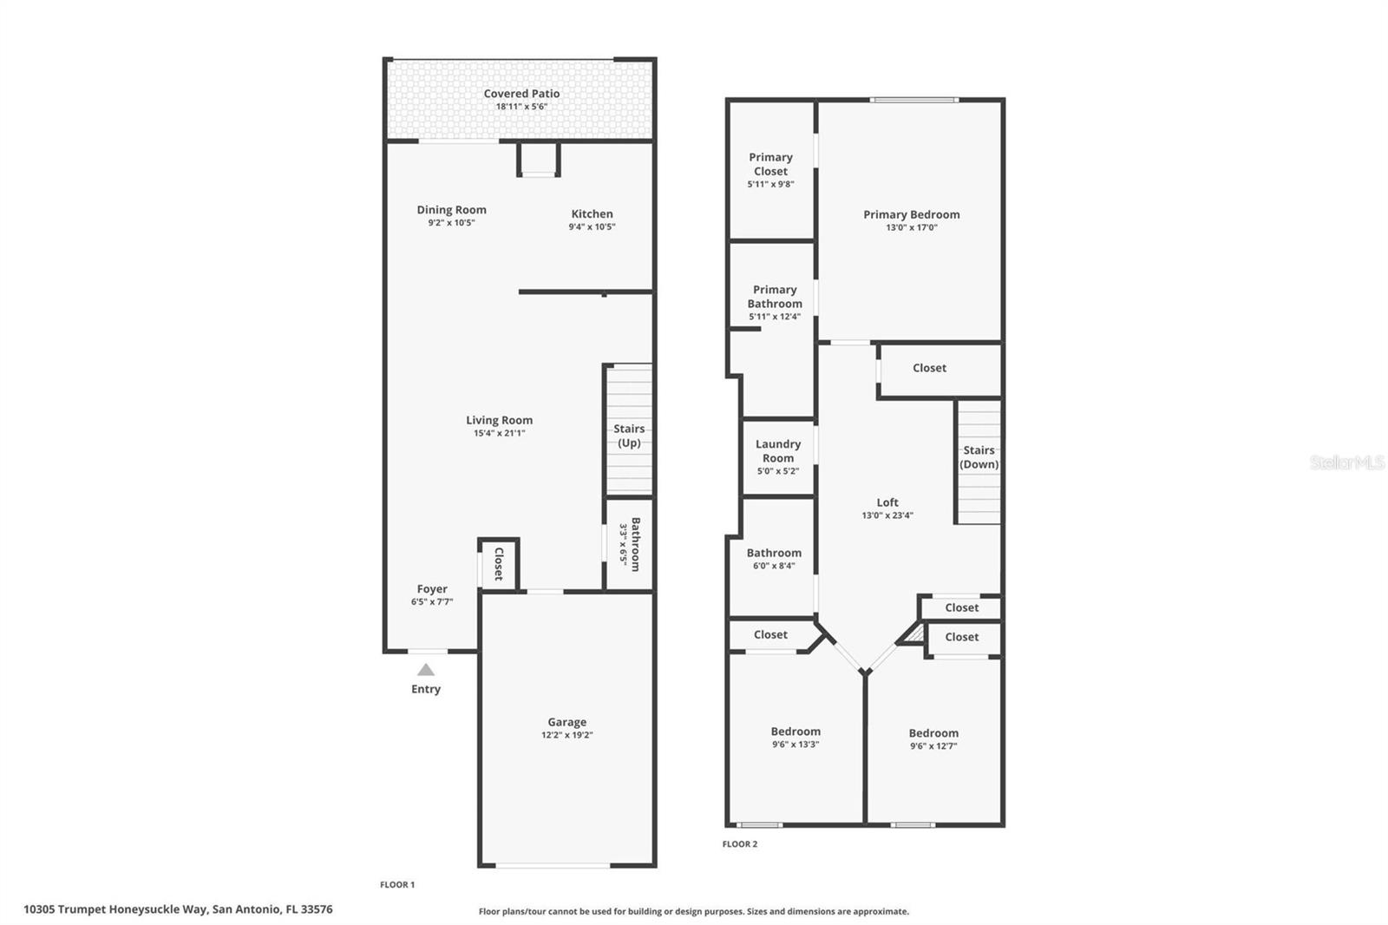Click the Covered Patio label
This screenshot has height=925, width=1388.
pos(521,94)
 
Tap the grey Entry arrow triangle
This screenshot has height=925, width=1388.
pos(425,670)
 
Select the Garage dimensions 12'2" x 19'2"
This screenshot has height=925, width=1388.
pos(566,735)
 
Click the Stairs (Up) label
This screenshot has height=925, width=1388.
pos(629,436)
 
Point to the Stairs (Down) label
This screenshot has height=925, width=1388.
pos(979,457)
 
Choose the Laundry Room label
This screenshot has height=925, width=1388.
pos(778,451)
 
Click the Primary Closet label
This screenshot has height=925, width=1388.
pos(770,164)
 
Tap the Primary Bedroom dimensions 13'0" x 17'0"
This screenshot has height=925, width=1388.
pos(911,227)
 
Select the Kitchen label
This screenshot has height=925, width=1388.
pos(592,214)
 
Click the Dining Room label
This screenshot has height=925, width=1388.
pos(451,210)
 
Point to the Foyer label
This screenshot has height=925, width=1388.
pos(432,589)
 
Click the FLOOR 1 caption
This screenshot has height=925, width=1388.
pos(397,885)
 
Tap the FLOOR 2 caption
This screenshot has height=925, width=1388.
pos(740,844)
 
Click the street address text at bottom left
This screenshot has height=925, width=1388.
pos(178,909)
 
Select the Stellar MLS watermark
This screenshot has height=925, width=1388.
pos(1347,462)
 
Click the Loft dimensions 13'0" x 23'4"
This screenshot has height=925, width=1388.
pos(887,515)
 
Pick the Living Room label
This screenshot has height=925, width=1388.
pos(499,421)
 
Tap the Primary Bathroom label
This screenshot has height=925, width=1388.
pos(775,297)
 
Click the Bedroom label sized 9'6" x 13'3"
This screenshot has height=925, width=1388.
pos(795,731)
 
